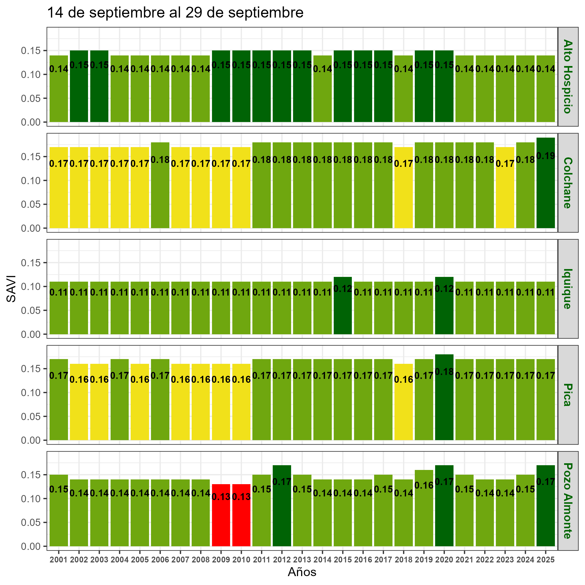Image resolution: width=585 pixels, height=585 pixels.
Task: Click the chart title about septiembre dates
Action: (x=175, y=13)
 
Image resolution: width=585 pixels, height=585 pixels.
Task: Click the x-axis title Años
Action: (x=302, y=572)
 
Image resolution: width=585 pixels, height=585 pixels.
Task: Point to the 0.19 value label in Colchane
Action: (x=545, y=156)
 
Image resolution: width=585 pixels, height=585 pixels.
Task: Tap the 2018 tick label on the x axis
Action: (x=403, y=560)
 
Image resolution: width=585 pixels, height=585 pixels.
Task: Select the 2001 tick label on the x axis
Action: (x=59, y=560)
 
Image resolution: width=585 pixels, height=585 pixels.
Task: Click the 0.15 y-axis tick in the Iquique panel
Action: (x=31, y=263)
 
